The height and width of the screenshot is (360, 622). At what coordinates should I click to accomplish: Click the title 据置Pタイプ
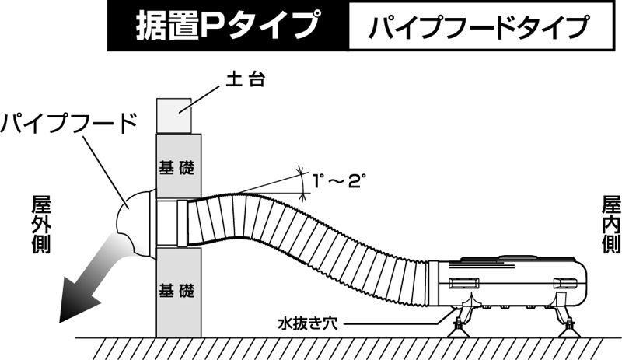tap(225, 26)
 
